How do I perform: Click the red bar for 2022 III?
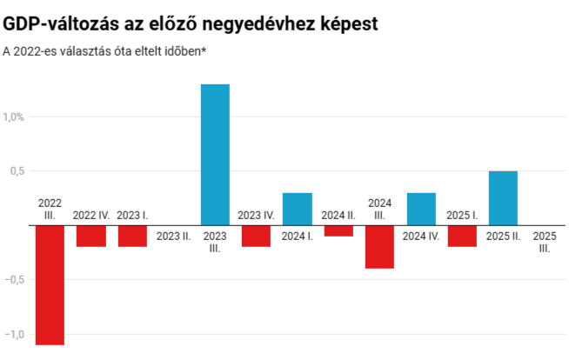coord(50,285)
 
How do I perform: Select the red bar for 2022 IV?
coord(90,236)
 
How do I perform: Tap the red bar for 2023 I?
coord(132,236)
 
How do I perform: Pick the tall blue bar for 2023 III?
coord(215,155)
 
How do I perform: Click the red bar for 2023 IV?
coord(256,236)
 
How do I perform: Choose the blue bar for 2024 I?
coord(298,209)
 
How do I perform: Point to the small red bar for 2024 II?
coord(338,230)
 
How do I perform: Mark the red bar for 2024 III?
coord(379,247)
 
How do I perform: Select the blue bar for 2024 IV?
coord(421,209)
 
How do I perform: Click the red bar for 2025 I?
coord(462,236)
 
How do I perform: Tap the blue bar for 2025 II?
coord(503,198)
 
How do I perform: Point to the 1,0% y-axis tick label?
coord(15,117)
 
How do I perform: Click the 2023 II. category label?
coord(173,236)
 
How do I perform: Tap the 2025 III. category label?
coord(545,242)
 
